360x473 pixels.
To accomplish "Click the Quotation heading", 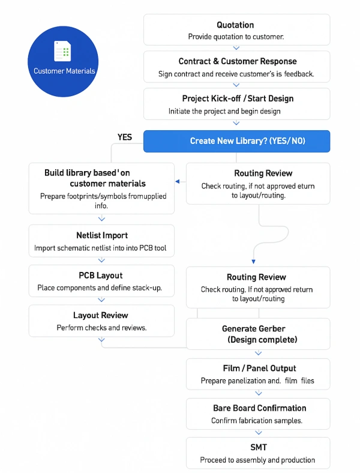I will [x=236, y=25].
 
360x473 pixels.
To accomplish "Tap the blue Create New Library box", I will [x=236, y=141].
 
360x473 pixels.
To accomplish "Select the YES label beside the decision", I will [x=125, y=137].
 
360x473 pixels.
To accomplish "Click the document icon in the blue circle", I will [x=62, y=51].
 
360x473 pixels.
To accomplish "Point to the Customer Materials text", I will [x=64, y=71].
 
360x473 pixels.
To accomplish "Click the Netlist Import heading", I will [x=101, y=235].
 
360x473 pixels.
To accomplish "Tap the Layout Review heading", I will [x=101, y=315].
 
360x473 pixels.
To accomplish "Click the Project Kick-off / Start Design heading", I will [x=238, y=98].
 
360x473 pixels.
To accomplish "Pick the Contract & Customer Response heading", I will [x=238, y=61].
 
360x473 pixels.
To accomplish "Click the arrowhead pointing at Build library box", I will [x=178, y=181].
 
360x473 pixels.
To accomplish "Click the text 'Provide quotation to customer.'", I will [x=236, y=37].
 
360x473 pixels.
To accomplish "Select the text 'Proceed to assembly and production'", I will [x=257, y=460].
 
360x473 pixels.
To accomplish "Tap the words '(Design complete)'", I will [x=257, y=340].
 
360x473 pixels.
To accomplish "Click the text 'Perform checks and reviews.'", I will [x=101, y=328].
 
